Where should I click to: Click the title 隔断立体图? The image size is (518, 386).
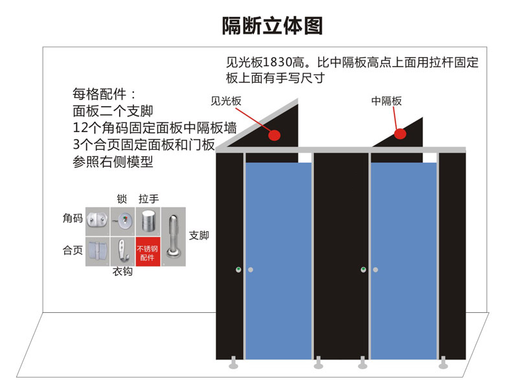click(x=272, y=25)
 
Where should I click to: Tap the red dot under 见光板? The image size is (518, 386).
click(x=274, y=135)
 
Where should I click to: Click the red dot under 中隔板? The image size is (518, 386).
click(x=400, y=134)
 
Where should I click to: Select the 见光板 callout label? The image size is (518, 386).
click(x=226, y=101)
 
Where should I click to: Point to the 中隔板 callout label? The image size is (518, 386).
click(x=386, y=101)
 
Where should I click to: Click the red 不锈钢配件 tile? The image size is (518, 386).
click(x=148, y=251)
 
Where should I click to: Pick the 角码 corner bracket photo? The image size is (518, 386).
click(x=98, y=221)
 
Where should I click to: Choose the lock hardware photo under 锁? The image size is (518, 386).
click(x=122, y=221)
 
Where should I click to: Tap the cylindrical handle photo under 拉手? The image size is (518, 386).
click(x=148, y=221)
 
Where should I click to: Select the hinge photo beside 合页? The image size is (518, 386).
click(x=98, y=251)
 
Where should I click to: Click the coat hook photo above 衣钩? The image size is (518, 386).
click(x=122, y=251)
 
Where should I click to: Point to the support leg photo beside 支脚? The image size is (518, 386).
click(x=174, y=236)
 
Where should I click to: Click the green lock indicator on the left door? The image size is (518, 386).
click(x=238, y=269)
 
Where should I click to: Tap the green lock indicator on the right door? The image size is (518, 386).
click(x=363, y=269)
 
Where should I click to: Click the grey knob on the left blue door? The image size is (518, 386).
click(x=251, y=269)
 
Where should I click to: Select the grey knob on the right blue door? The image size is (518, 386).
click(x=376, y=269)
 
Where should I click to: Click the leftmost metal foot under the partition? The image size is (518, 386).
click(x=234, y=363)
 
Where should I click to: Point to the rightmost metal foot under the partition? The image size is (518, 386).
click(x=444, y=363)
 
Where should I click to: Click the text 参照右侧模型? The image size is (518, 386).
click(x=113, y=162)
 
